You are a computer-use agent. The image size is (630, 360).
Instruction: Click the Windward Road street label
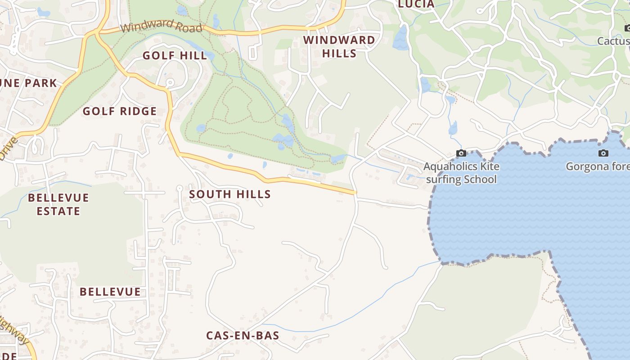[161, 26]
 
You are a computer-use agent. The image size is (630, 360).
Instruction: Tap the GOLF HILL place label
[175, 56]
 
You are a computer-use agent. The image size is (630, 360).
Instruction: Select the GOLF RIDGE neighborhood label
[120, 112]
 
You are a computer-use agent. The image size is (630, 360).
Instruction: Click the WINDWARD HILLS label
[339, 46]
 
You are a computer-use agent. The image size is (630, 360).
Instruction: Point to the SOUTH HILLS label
[230, 194]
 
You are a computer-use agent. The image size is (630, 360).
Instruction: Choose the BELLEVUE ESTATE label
[58, 204]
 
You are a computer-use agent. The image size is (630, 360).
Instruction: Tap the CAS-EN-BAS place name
[243, 336]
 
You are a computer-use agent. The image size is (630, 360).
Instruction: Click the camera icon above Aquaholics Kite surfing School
[461, 153]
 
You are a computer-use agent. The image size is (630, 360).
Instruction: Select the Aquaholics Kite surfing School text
[461, 173]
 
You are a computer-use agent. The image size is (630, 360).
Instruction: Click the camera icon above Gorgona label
[603, 153]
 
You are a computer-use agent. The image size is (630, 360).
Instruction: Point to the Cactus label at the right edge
[613, 41]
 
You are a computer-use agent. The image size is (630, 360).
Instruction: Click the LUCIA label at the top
[416, 4]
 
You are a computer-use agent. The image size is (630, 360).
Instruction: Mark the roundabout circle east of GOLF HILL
[170, 82]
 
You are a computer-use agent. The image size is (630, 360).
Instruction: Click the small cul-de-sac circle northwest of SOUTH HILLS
[179, 188]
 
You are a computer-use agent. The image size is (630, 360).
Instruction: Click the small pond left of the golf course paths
[201, 128]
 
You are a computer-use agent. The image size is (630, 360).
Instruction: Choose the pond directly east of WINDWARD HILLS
[400, 38]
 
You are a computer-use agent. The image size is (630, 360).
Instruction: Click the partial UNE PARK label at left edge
[29, 83]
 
